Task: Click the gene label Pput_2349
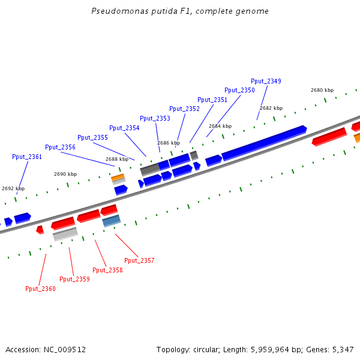266,81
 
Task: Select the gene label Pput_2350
239,90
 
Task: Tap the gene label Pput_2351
212,100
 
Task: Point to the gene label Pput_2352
184,109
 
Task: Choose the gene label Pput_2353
155,118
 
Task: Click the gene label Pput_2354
124,128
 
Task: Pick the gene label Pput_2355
92,137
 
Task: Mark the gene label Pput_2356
60,147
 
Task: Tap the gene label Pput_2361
27,157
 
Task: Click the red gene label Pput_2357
139,260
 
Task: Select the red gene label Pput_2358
107,270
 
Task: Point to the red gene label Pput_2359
74,279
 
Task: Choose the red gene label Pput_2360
40,289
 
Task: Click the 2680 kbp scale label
322,90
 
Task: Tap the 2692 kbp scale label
13,188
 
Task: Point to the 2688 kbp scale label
117,159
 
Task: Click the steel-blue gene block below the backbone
112,221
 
